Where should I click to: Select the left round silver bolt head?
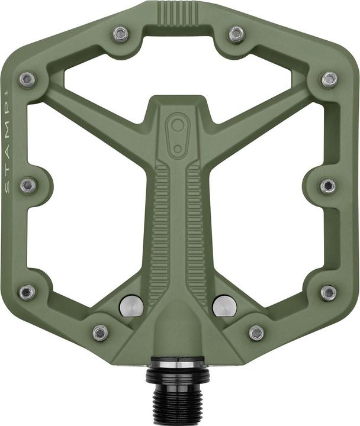point(131,305)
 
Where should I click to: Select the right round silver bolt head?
point(224,305)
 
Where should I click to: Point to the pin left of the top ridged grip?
point(121,34)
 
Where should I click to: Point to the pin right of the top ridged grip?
point(236,34)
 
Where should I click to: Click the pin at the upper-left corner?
point(27,80)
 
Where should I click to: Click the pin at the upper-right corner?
point(330,80)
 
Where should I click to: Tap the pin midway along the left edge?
point(28,186)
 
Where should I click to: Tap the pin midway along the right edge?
point(329,186)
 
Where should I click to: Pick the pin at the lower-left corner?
point(27,292)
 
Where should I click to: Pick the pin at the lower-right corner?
point(329,292)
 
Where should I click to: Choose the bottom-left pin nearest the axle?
point(100,333)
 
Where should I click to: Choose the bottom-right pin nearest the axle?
point(256,333)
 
